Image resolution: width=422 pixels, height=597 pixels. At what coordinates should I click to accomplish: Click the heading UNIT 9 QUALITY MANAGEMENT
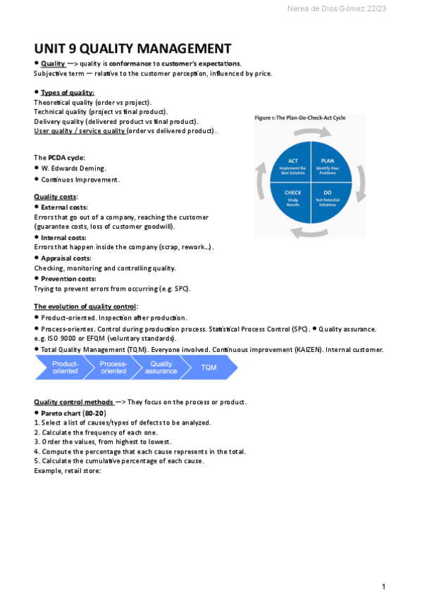tap(132, 49)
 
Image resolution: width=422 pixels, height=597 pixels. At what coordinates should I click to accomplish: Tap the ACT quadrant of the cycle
tap(293, 165)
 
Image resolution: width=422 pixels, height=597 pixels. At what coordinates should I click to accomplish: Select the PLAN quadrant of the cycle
tap(328, 165)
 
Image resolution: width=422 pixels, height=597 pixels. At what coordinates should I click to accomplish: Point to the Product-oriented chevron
tap(64, 367)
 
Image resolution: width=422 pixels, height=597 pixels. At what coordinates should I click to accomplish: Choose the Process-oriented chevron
tap(113, 367)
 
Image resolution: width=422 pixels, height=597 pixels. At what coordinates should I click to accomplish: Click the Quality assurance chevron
tap(161, 367)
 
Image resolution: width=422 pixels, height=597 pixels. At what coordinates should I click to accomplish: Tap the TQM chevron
tap(209, 367)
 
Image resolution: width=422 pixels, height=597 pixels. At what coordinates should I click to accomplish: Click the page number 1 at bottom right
tap(383, 586)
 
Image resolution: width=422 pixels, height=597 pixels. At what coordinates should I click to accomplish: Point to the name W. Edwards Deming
tap(73, 168)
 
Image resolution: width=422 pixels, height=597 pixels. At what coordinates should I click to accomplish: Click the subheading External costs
tap(64, 207)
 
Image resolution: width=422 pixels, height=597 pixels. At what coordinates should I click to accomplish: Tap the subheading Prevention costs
tap(68, 279)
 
